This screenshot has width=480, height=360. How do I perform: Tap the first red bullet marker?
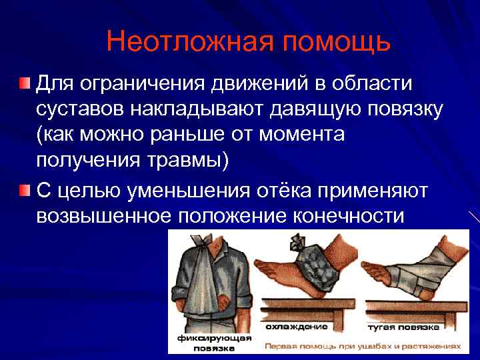point(24,83)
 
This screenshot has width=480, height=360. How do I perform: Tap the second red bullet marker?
point(24,190)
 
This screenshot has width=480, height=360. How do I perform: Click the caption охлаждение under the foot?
point(296,327)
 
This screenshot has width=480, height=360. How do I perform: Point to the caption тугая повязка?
point(402,327)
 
